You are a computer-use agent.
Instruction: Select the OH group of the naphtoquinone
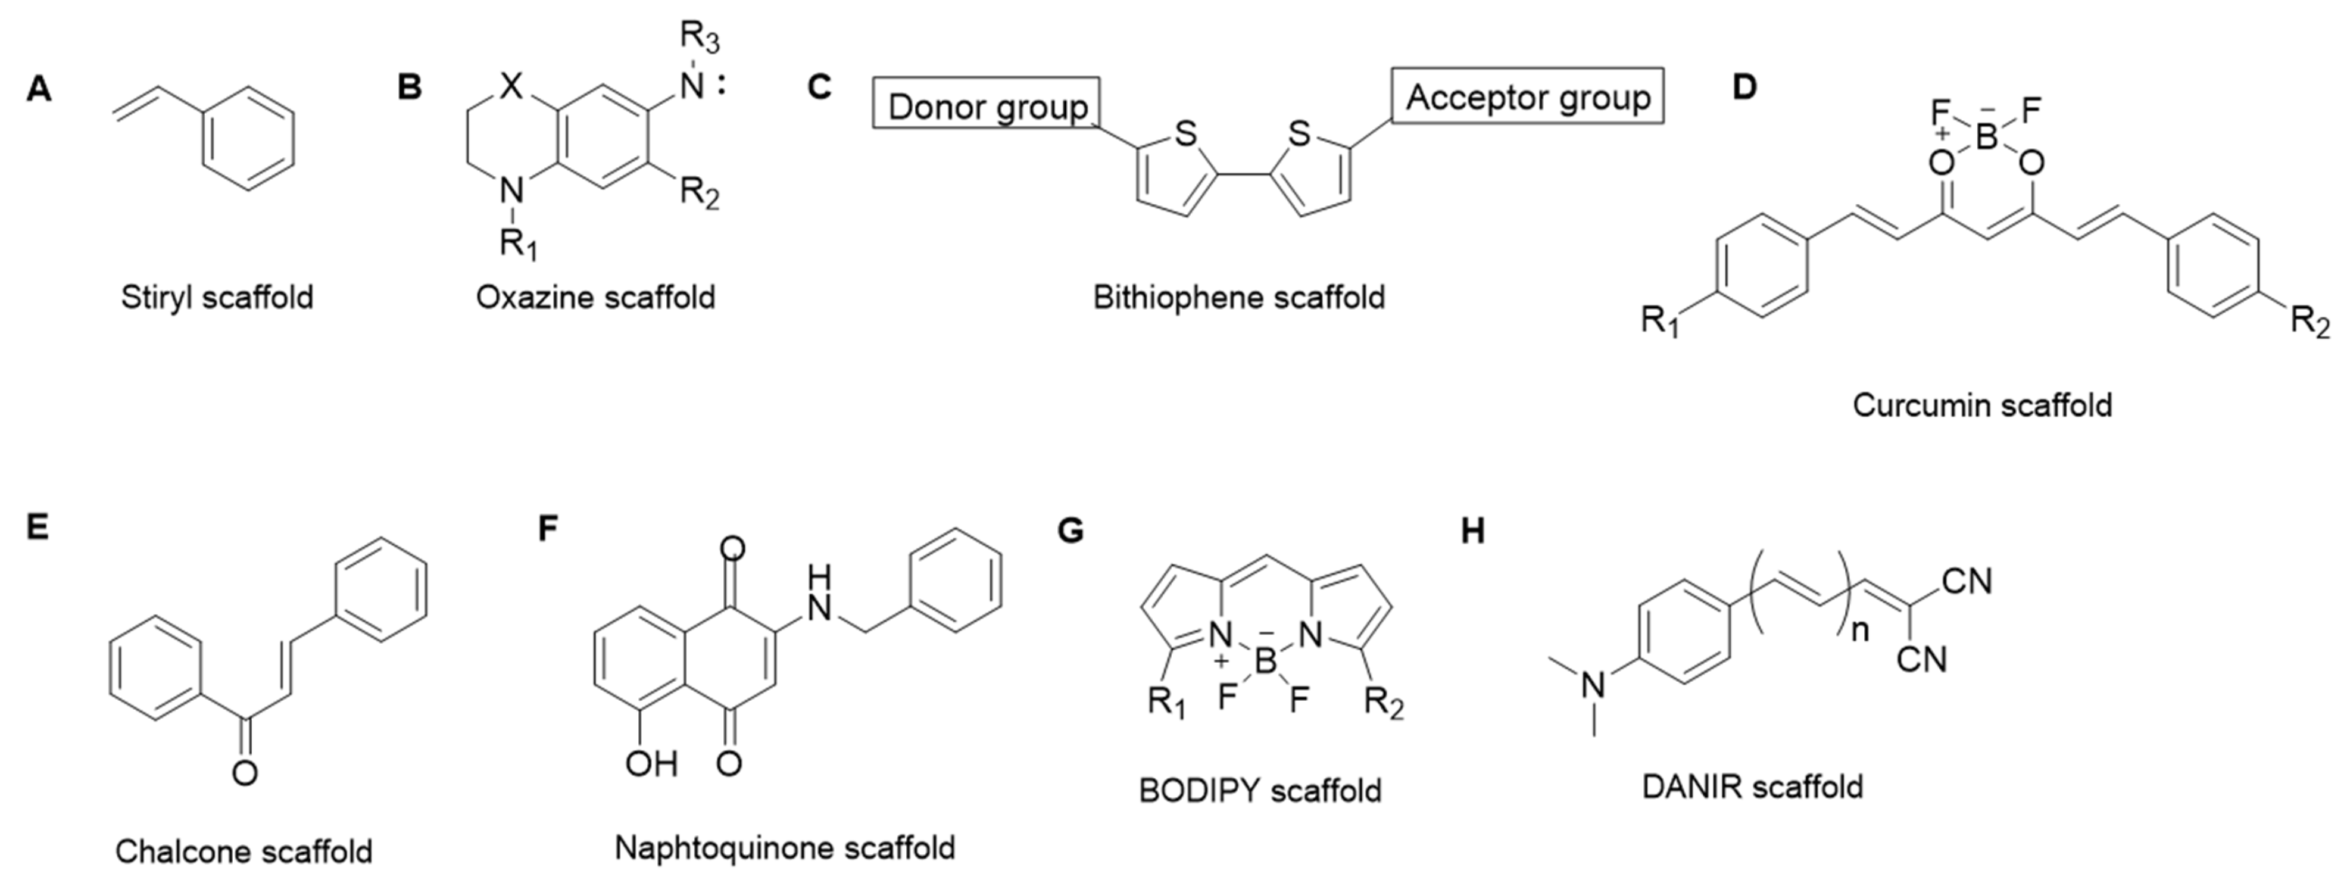pos(651,762)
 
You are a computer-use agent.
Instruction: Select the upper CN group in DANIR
pos(1967,581)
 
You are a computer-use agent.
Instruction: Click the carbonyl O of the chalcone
pos(244,773)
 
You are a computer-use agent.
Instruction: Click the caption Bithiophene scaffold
pos(1238,297)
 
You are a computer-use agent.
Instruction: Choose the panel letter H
pos(1472,531)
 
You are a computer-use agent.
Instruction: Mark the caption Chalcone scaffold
pos(244,851)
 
